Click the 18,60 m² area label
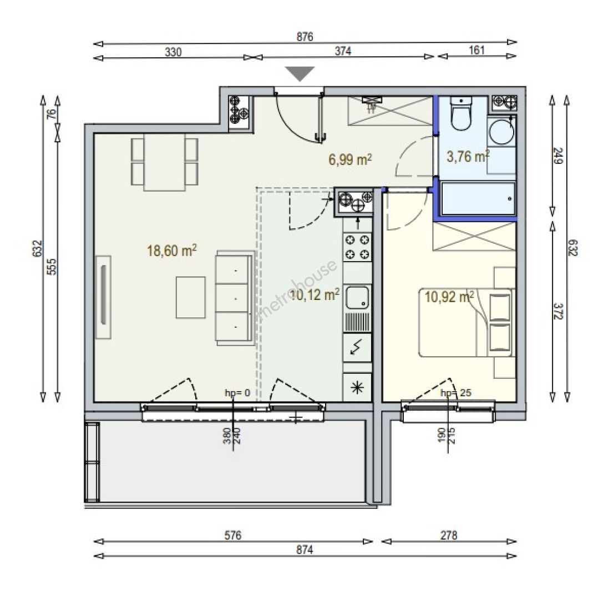click(171, 251)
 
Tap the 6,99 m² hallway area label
click(350, 159)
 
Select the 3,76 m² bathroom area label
click(468, 156)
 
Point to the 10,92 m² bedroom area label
click(449, 297)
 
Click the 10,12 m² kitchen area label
click(315, 294)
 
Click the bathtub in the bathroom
click(478, 198)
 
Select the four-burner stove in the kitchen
click(357, 247)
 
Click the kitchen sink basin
click(358, 297)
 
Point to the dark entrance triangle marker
click(301, 73)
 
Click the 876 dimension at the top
click(305, 37)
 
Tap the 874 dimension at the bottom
click(305, 550)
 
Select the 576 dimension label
click(232, 535)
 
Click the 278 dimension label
click(449, 535)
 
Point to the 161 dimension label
click(477, 50)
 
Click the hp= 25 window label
click(456, 393)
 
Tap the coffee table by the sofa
click(191, 297)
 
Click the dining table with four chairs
click(165, 162)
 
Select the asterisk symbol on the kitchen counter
click(357, 388)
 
